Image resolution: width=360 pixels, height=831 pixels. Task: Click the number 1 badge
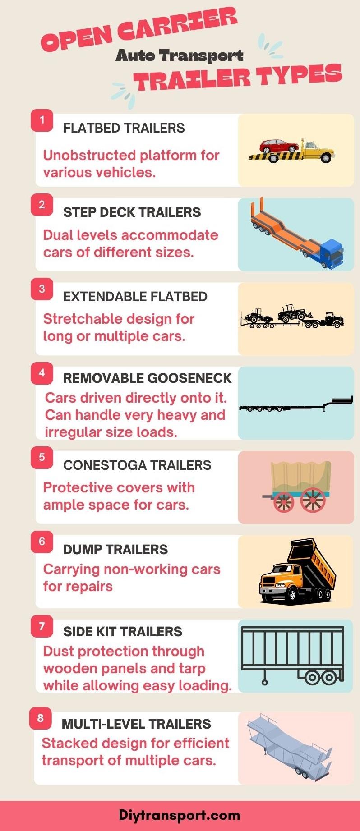(42, 120)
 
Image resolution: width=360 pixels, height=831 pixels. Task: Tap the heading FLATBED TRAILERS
(124, 128)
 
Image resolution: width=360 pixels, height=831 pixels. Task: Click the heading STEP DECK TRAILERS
(132, 212)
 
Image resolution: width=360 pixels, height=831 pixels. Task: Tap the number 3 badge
(42, 289)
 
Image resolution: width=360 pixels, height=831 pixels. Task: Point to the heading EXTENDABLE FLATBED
(135, 297)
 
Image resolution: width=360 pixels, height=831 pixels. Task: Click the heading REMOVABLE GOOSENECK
(147, 378)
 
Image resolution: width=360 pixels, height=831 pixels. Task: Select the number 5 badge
(42, 457)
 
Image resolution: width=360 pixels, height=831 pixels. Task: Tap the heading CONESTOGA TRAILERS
(137, 465)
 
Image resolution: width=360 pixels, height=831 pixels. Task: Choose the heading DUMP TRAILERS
(115, 550)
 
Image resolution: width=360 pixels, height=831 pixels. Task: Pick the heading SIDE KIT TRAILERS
(123, 632)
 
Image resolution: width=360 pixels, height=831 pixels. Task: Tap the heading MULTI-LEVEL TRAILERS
(136, 724)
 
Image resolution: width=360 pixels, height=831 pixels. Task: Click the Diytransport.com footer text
(180, 815)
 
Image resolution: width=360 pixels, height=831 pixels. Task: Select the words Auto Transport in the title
(180, 56)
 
